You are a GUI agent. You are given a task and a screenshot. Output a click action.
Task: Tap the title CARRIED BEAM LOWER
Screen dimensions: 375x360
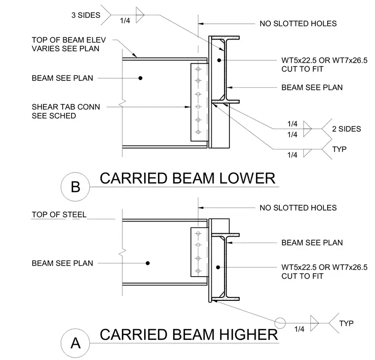pos(187,179)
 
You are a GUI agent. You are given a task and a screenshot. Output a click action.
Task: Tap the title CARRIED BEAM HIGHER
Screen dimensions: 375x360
pos(189,335)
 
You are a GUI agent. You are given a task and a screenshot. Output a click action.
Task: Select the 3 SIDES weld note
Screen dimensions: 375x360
pos(86,15)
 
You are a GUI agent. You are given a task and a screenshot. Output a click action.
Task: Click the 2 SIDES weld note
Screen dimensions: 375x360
pos(346,129)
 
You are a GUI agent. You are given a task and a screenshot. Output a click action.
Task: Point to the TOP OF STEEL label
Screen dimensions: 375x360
pos(59,215)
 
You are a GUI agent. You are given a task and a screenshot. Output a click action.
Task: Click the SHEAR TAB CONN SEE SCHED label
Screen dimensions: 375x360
pos(66,111)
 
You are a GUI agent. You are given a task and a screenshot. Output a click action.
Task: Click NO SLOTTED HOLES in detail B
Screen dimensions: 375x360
pos(298,24)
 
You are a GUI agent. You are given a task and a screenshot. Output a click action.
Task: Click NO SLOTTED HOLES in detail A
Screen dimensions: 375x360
pos(298,208)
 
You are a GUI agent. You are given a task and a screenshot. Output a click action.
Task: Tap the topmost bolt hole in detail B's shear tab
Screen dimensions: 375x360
pos(198,70)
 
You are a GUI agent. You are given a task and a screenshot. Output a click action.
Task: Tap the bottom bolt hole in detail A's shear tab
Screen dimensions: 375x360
pos(198,271)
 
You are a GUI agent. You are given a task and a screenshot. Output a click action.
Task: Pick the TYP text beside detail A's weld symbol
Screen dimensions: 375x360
pos(346,324)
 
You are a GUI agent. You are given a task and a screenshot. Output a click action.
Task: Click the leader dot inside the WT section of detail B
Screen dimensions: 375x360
pos(219,60)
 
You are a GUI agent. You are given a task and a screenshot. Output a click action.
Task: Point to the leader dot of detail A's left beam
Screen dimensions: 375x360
pos(148,263)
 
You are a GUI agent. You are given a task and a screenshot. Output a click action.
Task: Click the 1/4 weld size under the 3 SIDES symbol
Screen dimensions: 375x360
pos(125,21)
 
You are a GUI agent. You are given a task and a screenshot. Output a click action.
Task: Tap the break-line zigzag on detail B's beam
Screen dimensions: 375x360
pos(123,103)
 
